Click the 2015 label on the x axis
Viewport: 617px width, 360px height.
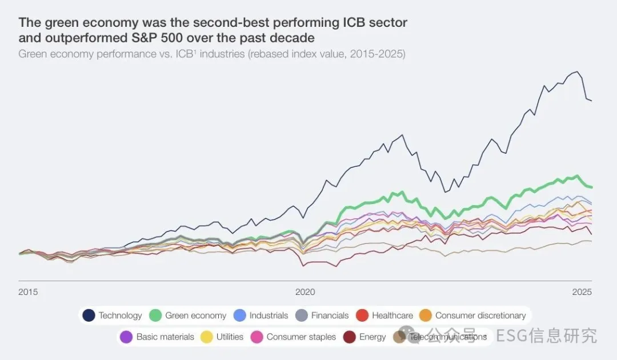[28, 292]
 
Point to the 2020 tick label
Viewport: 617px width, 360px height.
[305, 292]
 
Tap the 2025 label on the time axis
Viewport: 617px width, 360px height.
[582, 292]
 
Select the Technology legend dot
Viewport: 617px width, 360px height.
[89, 315]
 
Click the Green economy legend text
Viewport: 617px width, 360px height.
[195, 315]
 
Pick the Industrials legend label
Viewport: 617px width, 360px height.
[269, 315]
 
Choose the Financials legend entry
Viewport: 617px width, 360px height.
[330, 315]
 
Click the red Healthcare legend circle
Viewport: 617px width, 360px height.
[362, 315]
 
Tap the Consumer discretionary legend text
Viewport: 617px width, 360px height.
[480, 315]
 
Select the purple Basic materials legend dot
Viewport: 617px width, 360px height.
[126, 337]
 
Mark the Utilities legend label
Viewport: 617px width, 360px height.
[230, 337]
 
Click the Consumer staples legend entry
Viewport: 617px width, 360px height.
[301, 337]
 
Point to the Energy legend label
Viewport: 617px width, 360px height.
[372, 337]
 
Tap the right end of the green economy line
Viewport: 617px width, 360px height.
[592, 187]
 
